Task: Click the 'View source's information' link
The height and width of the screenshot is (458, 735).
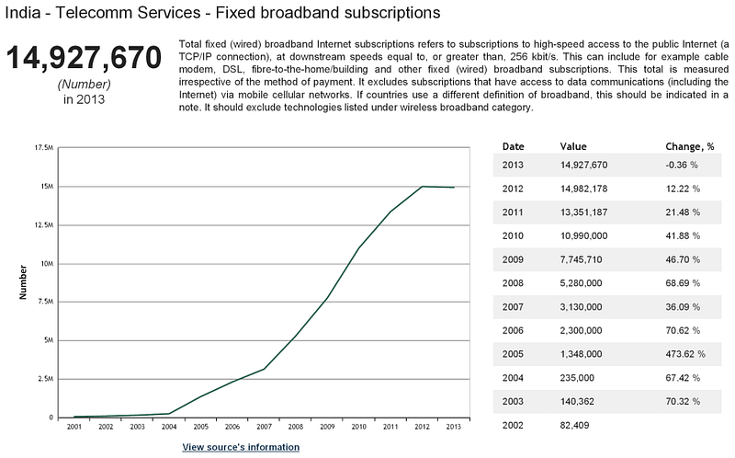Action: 241,447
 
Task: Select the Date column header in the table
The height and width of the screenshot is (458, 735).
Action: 514,146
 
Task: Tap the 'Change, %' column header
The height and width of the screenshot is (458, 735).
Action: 689,146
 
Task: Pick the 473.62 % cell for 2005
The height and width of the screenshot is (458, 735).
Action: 684,352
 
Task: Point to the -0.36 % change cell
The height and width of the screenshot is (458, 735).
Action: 682,165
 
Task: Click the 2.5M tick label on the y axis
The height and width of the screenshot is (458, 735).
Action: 44,379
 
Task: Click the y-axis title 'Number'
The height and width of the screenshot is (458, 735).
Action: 22,282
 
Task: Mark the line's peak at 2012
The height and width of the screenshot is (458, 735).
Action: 422,187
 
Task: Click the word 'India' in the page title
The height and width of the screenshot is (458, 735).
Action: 21,13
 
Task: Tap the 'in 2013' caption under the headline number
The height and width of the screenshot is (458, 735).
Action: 84,99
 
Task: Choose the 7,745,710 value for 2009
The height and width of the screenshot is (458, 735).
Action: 585,258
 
